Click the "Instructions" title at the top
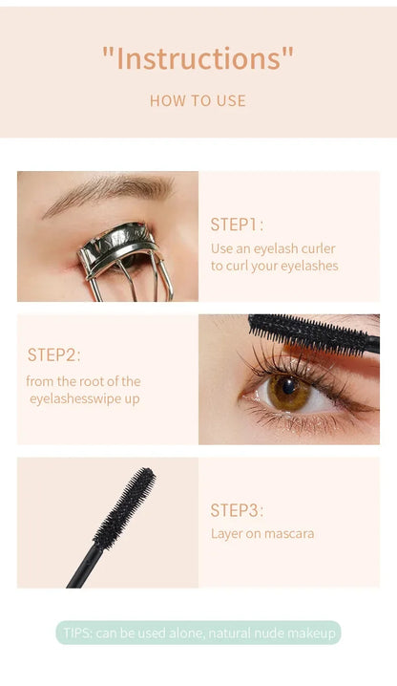(198, 58)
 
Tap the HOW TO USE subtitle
(198, 100)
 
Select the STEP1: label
(237, 225)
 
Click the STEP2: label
(53, 354)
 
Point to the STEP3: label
(237, 509)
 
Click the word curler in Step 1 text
(315, 248)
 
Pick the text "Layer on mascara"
(261, 533)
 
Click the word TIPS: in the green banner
(77, 632)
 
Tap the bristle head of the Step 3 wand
(125, 507)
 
